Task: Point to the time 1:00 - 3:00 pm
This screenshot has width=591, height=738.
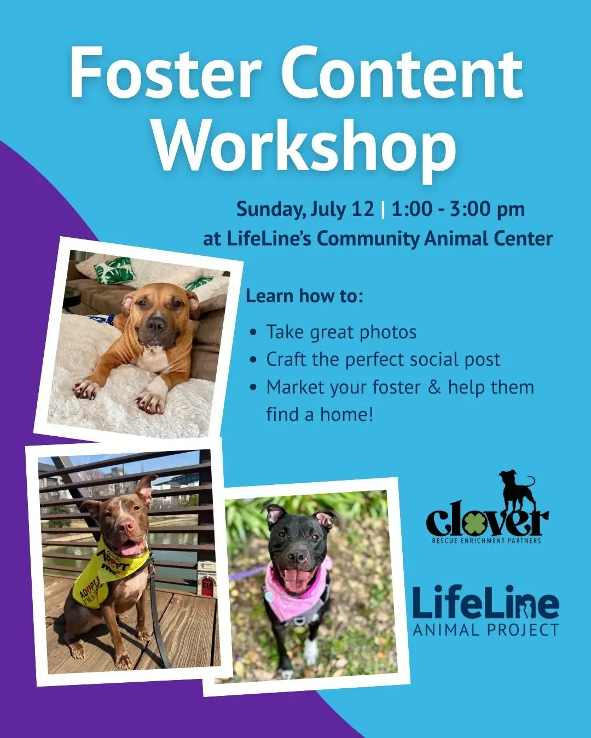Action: (458, 209)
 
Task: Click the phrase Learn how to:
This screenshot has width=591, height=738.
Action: (304, 296)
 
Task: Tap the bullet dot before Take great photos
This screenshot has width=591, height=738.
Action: (253, 332)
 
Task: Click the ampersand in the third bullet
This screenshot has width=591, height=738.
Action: (434, 387)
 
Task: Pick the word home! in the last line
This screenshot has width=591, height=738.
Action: (346, 414)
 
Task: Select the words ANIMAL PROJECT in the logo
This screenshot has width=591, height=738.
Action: (485, 630)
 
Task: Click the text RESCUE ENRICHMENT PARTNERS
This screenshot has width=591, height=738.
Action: (486, 541)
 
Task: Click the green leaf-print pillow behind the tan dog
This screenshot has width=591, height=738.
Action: (115, 272)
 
